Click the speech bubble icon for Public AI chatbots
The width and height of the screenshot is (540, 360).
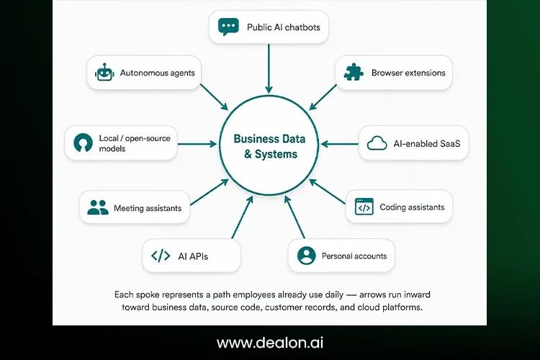pyautogui.click(x=228, y=27)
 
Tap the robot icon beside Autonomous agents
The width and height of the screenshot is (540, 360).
pyautogui.click(x=104, y=72)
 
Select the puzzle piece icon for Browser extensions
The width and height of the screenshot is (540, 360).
pyautogui.click(x=354, y=72)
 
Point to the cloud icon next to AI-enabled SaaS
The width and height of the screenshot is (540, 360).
pyautogui.click(x=377, y=143)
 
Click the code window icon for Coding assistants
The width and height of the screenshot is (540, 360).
pyautogui.click(x=364, y=207)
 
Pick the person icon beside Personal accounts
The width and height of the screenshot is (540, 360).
pyautogui.click(x=306, y=256)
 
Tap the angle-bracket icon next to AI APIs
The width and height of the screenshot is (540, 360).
pyautogui.click(x=161, y=256)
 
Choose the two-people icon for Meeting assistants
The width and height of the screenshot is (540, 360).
pyautogui.click(x=98, y=207)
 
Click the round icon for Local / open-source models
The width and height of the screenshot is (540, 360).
pyautogui.click(x=83, y=143)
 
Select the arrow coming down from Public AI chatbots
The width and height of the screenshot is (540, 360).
pyautogui.click(x=269, y=68)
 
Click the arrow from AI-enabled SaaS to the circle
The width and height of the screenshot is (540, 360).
pyautogui.click(x=340, y=144)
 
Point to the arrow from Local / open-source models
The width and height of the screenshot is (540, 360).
pyautogui.click(x=197, y=144)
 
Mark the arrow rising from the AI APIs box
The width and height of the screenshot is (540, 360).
pyautogui.click(x=243, y=217)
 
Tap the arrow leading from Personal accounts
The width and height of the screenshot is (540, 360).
pyautogui.click(x=294, y=217)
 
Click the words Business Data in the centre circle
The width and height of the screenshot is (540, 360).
pyautogui.click(x=269, y=139)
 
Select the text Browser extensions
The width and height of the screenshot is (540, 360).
pyautogui.click(x=408, y=73)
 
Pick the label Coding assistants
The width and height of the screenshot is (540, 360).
pyautogui.click(x=412, y=207)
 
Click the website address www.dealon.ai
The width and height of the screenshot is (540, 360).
pyautogui.click(x=270, y=343)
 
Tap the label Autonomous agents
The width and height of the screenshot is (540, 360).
pyautogui.click(x=158, y=73)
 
